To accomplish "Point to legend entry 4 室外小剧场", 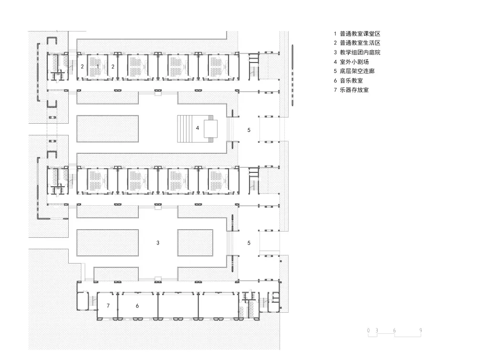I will (x=354, y=62).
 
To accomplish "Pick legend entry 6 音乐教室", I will (x=351, y=80).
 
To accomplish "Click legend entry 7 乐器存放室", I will (x=354, y=90).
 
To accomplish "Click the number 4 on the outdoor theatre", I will (x=197, y=128).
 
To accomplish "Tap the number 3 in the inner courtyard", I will (x=157, y=243).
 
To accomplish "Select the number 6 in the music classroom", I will (x=137, y=306).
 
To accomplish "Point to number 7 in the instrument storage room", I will (x=108, y=306).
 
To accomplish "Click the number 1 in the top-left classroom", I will (x=98, y=66).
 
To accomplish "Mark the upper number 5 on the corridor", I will (x=249, y=129).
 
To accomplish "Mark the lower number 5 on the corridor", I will (x=249, y=243).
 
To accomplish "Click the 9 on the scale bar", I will (x=420, y=330).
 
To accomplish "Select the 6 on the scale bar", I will (x=394, y=330).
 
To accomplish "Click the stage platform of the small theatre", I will (x=210, y=128).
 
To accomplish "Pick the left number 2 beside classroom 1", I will (x=82, y=67).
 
